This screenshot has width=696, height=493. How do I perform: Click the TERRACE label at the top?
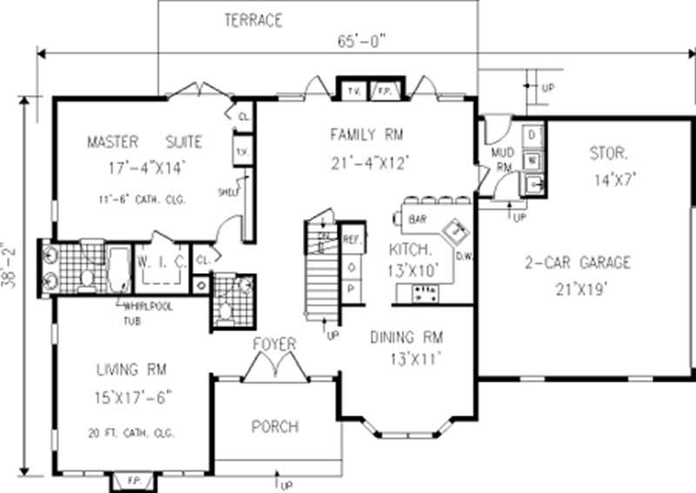[x=252, y=21]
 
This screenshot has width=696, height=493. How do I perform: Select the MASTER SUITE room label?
[x=144, y=142]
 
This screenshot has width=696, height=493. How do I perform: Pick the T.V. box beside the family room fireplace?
[x=354, y=90]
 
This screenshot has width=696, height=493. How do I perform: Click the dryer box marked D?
[x=533, y=135]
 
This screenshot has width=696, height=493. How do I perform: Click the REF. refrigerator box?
[x=352, y=237]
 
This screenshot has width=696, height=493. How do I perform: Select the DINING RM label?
[x=406, y=337]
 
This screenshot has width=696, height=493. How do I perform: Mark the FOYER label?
[x=275, y=345]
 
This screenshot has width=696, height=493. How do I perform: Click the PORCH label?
[x=275, y=426]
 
